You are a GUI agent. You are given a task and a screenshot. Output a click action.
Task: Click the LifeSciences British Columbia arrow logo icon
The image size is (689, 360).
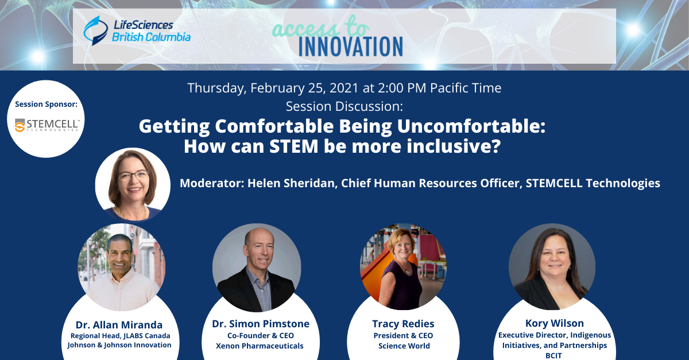(95, 31)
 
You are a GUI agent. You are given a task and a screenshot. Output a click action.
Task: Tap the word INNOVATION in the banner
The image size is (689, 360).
(351, 47)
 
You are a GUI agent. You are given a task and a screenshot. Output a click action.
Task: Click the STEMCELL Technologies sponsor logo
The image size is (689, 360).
(47, 125)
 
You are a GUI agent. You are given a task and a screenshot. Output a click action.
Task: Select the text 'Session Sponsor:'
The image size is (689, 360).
(46, 104)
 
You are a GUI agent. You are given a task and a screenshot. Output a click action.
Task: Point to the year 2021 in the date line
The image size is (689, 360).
(344, 88)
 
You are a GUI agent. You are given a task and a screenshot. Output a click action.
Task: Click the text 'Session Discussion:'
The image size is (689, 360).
(344, 106)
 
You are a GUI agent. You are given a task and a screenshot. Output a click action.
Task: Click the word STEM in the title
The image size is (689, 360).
(294, 146)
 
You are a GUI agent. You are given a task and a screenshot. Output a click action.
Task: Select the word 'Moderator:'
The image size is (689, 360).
(212, 183)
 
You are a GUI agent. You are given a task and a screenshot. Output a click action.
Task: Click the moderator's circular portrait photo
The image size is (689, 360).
(133, 185)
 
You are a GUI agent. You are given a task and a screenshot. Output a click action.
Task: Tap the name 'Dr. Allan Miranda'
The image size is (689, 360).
(119, 325)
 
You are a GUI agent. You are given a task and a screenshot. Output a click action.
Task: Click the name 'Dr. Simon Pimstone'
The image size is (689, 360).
(261, 324)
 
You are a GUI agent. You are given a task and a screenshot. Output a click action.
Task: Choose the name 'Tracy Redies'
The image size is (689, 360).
(403, 324)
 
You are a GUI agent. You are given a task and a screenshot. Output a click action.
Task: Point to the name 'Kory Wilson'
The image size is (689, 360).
(555, 323)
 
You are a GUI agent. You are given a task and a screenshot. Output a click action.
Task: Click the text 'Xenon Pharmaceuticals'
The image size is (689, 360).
(260, 346)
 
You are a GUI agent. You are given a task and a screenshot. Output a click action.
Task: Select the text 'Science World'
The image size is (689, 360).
(404, 346)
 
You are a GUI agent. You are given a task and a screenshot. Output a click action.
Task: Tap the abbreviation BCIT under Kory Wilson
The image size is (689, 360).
(553, 355)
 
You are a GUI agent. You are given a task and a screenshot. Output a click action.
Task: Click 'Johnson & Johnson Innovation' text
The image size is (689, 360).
(119, 345)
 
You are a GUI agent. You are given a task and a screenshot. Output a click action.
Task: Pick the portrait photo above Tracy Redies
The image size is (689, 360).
(403, 267)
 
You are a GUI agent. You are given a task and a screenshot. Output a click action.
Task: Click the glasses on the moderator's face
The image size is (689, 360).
(133, 176)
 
